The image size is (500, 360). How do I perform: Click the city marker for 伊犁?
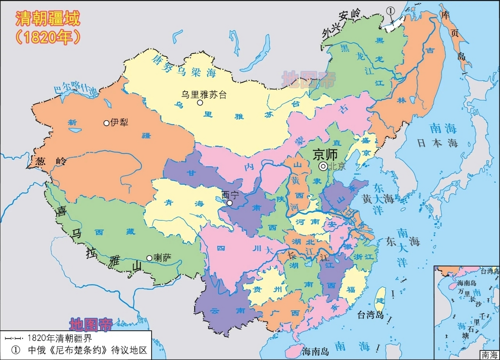tap(106, 123)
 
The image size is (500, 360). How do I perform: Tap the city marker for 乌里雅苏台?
tap(200, 103)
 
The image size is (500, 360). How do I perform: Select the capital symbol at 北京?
tap(323, 166)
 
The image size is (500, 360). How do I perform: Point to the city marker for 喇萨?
tap(149, 258)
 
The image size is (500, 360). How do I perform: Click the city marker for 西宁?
tap(230, 203)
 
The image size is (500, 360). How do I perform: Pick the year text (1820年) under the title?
tap(48, 37)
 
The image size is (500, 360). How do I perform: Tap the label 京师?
tap(325, 154)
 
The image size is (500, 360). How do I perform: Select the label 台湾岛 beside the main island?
tap(371, 315)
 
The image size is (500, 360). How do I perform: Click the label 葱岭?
tap(51, 161)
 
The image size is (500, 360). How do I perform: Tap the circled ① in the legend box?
tap(16, 350)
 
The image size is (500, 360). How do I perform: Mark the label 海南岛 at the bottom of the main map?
tap(315, 351)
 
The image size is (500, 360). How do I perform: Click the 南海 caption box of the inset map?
tap(489, 355)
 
